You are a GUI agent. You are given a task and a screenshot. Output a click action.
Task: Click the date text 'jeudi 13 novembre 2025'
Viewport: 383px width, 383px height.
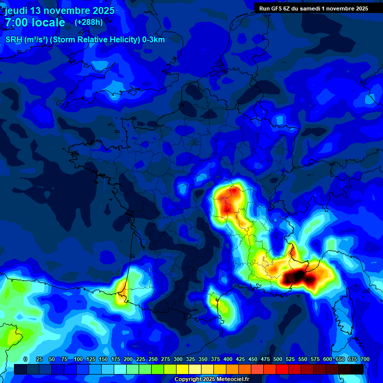pyautogui.click(x=59, y=10)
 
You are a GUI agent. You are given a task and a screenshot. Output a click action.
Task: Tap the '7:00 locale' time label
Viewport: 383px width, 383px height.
pyautogui.click(x=35, y=22)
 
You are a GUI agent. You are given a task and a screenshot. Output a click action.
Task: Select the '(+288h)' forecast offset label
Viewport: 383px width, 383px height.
pyautogui.click(x=89, y=22)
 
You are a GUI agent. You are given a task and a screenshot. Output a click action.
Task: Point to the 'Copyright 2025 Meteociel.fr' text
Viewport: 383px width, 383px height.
pyautogui.click(x=211, y=379)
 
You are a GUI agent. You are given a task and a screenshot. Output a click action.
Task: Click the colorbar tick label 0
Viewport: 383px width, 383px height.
pyautogui.click(x=25, y=359)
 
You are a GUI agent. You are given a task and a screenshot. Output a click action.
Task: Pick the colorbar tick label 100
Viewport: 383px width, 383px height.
pyautogui.click(x=78, y=359)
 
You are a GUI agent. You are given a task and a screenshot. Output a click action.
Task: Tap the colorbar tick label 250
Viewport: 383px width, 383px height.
pyautogui.click(x=153, y=359)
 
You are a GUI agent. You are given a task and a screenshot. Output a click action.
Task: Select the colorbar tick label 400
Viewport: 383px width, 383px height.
pyautogui.click(x=228, y=359)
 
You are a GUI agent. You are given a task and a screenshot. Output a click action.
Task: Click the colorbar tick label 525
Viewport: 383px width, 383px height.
pyautogui.click(x=290, y=359)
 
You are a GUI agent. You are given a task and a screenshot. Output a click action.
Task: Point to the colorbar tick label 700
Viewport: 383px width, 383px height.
pyautogui.click(x=365, y=359)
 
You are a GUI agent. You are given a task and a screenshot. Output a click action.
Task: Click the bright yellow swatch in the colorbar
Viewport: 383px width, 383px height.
pyautogui.click(x=183, y=369)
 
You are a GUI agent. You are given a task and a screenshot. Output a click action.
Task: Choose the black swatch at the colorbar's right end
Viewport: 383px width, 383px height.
pyautogui.click(x=357, y=369)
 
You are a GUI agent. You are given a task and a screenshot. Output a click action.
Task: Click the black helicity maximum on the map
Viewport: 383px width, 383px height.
pyautogui.click(x=298, y=276)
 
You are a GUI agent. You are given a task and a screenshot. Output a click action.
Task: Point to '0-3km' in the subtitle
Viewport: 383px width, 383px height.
pyautogui.click(x=154, y=40)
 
